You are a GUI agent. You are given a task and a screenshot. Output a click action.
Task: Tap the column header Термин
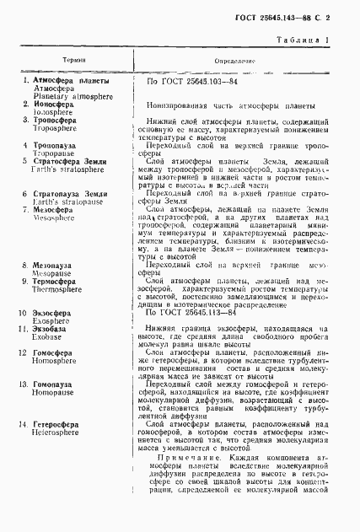pyautogui.click(x=72, y=62)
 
